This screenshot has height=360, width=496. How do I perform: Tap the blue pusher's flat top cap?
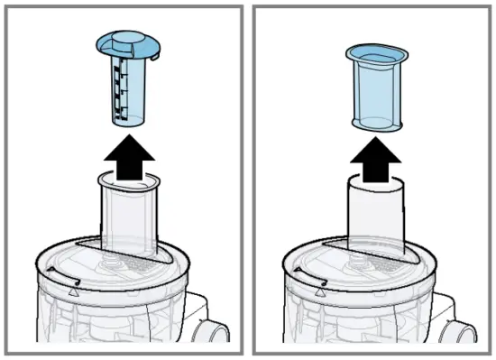pyautogui.click(x=126, y=45)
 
